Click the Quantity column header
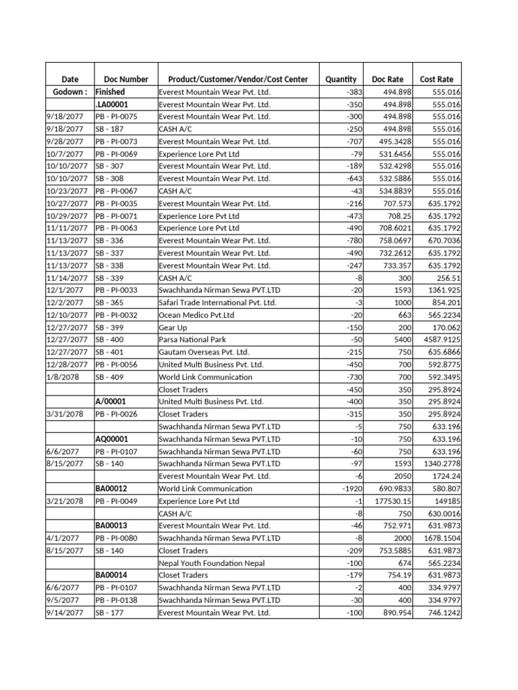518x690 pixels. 341,80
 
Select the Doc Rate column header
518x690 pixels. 388,80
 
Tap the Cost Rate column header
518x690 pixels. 436,80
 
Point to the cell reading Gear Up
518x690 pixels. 173,327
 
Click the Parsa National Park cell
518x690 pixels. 188,340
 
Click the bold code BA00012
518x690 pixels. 113,489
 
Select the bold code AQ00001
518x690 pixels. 113,439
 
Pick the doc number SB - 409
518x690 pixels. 109,377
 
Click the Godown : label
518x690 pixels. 69,92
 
